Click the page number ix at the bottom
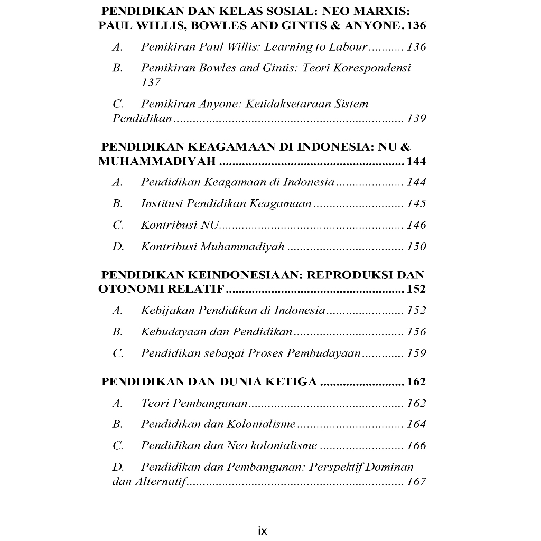click(x=263, y=531)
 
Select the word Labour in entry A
click(x=348, y=47)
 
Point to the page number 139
click(x=416, y=118)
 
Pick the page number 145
click(x=416, y=203)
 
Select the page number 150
click(x=416, y=247)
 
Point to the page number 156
click(x=416, y=332)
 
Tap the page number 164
click(x=416, y=424)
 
